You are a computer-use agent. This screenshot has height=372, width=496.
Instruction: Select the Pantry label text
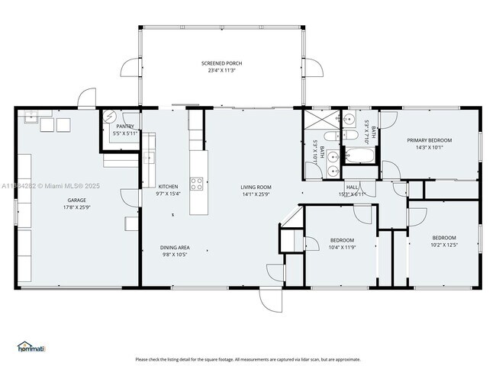(x=125, y=127)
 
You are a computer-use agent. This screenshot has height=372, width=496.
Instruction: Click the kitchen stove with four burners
(x=196, y=183)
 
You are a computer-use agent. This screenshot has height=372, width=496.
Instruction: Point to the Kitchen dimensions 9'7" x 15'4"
(x=167, y=194)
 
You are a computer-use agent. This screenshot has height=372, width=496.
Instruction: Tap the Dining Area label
(x=174, y=247)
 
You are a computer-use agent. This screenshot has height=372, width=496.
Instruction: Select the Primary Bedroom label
(x=429, y=140)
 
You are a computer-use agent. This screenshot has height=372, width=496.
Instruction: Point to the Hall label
(x=352, y=187)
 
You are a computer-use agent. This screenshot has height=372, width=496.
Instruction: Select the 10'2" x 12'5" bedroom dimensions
(x=443, y=245)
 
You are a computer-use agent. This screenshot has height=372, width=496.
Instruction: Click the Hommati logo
(x=31, y=347)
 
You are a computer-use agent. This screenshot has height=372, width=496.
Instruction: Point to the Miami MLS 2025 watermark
(x=46, y=185)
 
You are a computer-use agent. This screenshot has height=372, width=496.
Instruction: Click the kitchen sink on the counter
(x=150, y=158)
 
